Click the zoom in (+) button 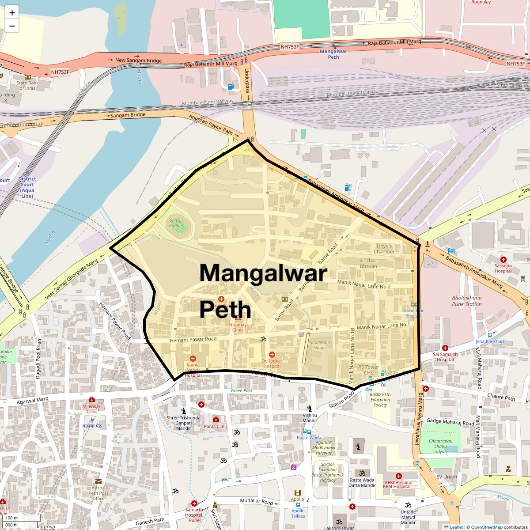coord(12,12)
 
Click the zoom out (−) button coord(12,26)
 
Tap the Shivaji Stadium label coord(176,223)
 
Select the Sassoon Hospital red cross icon coord(503,259)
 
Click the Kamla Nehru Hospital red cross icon coord(193,359)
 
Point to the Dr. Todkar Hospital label coord(272,363)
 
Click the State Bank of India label coord(27,86)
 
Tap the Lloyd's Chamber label coord(384,249)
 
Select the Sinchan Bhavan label coord(368,263)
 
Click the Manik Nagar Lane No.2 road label coord(363,284)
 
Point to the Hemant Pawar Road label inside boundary coord(193,340)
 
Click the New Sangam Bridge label coord(138,60)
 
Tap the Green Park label coord(242,390)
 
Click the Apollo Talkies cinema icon coord(298,492)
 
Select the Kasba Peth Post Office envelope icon coord(98,481)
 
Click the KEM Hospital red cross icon coord(398,476)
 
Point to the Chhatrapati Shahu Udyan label coord(440,446)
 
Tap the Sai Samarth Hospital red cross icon coord(445,348)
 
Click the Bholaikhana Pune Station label coord(467,301)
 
